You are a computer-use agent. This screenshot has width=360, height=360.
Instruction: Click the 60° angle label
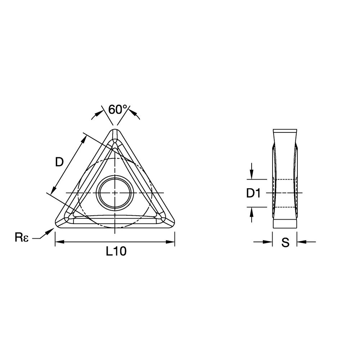[118, 109]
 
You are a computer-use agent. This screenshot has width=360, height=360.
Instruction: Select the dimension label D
[59, 162]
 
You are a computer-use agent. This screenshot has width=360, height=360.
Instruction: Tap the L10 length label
[116, 252]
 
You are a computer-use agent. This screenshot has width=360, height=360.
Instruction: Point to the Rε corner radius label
[21, 238]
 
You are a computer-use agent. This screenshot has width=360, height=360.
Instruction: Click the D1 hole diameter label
[253, 193]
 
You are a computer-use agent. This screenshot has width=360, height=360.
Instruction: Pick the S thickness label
[285, 243]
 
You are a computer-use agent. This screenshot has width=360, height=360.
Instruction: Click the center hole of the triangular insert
[114, 193]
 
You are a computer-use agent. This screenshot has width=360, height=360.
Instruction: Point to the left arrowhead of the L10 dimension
[58, 242]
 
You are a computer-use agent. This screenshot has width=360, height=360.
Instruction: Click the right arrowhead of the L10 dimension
[171, 242]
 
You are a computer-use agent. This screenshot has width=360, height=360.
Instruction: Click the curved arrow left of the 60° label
[96, 114]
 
